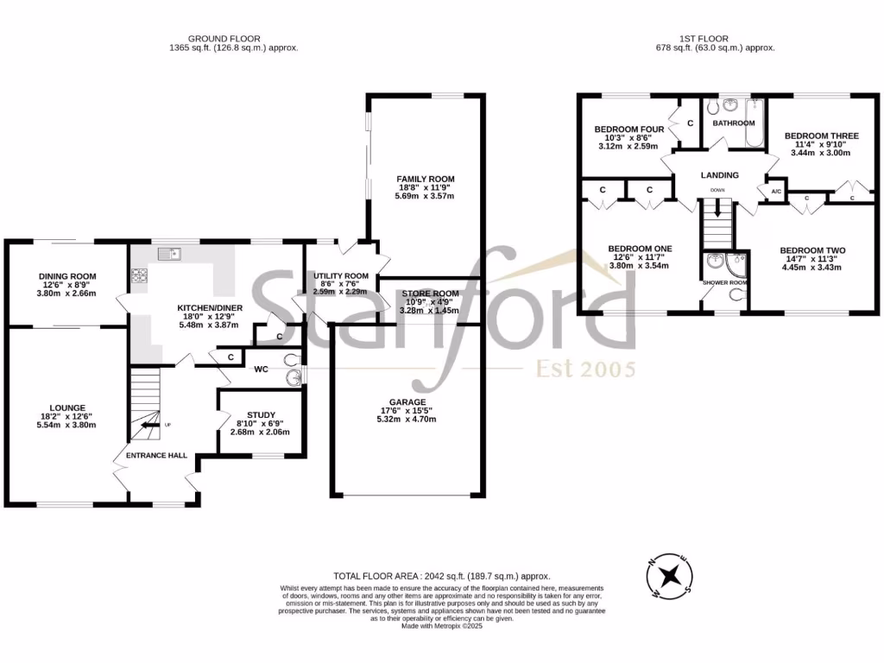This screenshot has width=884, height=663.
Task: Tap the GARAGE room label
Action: tap(407, 402)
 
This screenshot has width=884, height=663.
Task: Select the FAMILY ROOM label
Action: tap(425, 179)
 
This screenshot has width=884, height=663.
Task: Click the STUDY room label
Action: tap(261, 414)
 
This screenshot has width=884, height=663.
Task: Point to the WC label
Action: tap(262, 369)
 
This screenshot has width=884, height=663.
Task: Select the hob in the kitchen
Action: tap(139, 276)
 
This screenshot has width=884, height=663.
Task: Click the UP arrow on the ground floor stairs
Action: tap(148, 423)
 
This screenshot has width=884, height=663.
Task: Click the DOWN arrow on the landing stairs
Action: tap(717, 207)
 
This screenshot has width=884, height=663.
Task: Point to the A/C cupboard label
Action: tap(775, 192)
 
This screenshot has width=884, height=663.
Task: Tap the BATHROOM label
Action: tap(733, 123)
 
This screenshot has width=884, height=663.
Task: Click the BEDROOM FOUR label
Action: tap(629, 129)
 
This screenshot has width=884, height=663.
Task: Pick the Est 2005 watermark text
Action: tap(586, 369)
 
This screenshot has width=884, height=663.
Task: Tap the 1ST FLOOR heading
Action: tap(704, 38)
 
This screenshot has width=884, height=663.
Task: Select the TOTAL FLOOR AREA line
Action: tap(441, 576)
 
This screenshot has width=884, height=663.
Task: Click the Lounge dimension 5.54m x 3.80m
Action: tap(66, 425)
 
